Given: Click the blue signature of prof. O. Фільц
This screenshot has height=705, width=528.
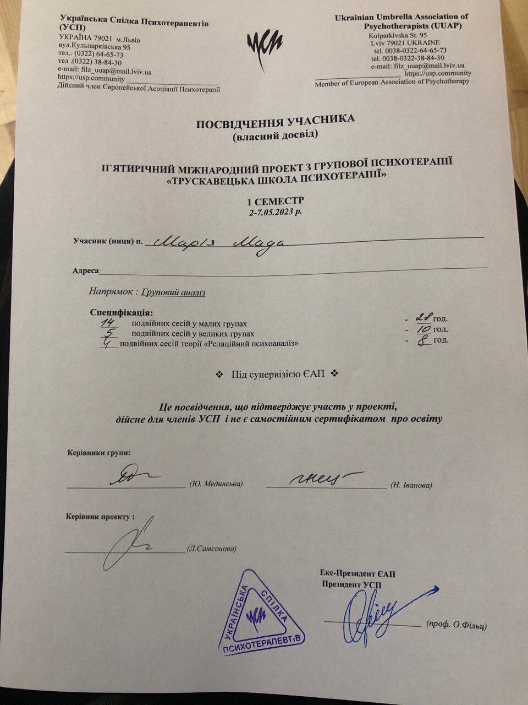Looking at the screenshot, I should point(380,611).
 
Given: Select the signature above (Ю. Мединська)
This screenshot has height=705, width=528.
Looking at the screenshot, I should point(130,476).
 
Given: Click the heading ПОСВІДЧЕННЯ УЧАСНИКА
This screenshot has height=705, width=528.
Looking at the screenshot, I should point(276,122).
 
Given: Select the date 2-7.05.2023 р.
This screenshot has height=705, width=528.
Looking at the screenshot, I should point(275,211).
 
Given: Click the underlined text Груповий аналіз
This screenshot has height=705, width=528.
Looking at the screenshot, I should point(173,292).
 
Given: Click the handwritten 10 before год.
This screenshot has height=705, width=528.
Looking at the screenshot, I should point(422,329).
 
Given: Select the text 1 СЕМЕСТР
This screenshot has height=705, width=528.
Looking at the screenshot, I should point(275,201).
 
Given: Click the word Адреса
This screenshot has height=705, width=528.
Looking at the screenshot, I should point(85,271).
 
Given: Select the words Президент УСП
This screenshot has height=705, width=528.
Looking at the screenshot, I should point(351,585).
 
